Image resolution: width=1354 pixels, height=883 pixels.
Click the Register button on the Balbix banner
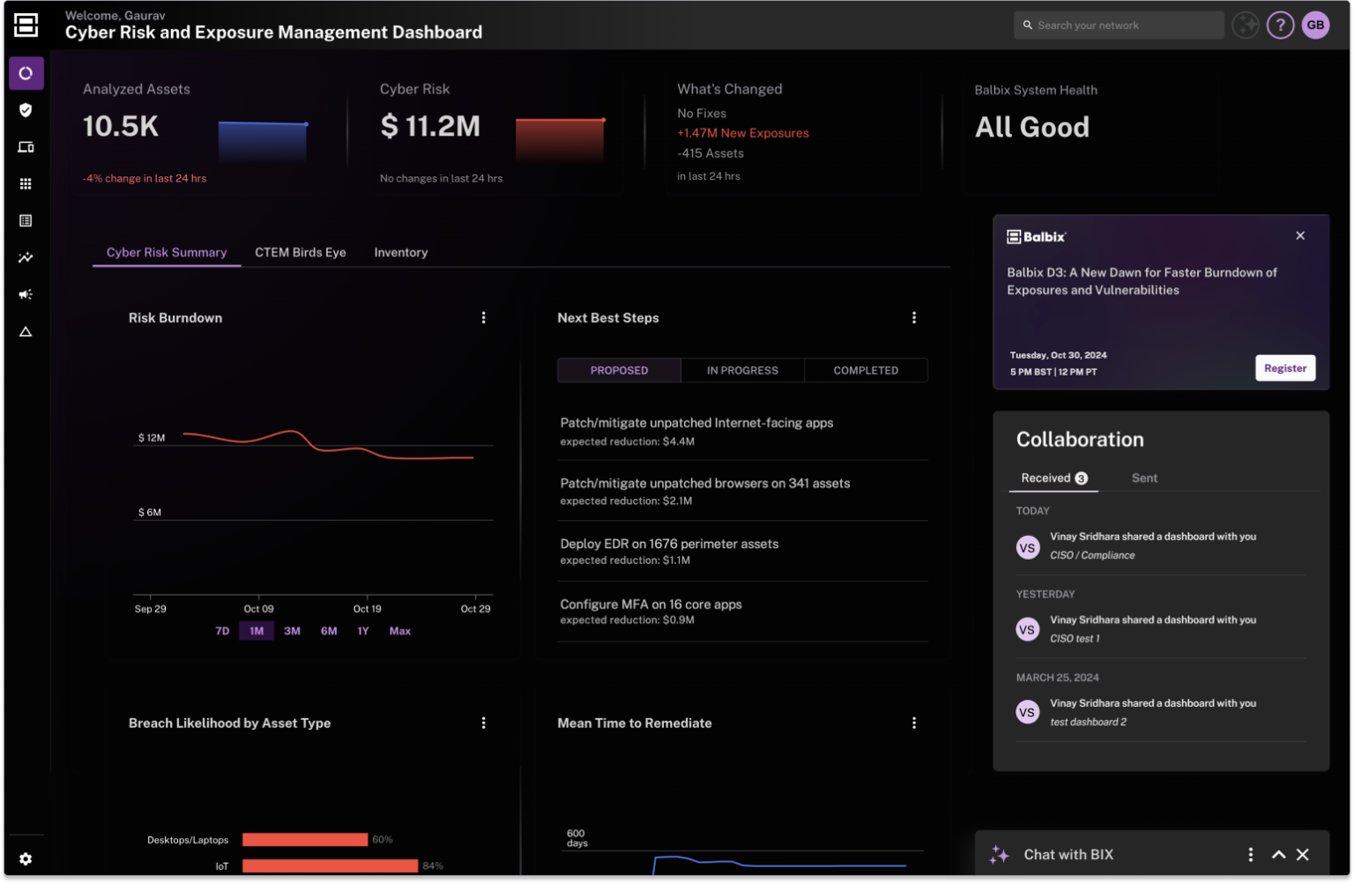tap(1284, 368)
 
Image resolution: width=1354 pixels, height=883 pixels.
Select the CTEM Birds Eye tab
tap(300, 252)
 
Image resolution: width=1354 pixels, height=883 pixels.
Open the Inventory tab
tap(400, 252)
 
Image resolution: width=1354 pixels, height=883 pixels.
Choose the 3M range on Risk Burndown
tap(292, 631)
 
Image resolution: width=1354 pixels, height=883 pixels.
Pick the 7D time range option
tap(222, 631)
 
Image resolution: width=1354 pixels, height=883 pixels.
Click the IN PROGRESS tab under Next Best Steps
tap(742, 370)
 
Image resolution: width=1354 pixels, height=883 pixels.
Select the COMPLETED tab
tap(866, 370)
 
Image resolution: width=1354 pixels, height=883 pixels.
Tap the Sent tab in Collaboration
tap(1144, 478)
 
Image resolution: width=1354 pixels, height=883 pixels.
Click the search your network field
tap(1120, 26)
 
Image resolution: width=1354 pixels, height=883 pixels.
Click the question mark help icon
tap(1280, 26)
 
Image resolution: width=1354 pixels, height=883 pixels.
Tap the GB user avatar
tap(1315, 26)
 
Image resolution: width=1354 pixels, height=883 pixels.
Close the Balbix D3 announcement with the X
tap(1300, 235)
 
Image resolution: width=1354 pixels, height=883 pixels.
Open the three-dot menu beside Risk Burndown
tap(483, 317)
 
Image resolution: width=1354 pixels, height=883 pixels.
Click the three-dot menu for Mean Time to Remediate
tap(914, 723)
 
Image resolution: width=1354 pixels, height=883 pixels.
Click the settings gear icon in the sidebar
tap(26, 858)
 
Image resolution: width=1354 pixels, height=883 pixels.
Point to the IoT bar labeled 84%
tap(330, 866)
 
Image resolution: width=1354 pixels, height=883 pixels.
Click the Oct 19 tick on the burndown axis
tap(367, 608)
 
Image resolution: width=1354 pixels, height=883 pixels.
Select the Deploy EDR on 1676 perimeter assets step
tap(669, 544)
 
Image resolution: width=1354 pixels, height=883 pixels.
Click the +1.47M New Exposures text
tap(742, 133)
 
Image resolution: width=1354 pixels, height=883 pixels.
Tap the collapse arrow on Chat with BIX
tap(1278, 855)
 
